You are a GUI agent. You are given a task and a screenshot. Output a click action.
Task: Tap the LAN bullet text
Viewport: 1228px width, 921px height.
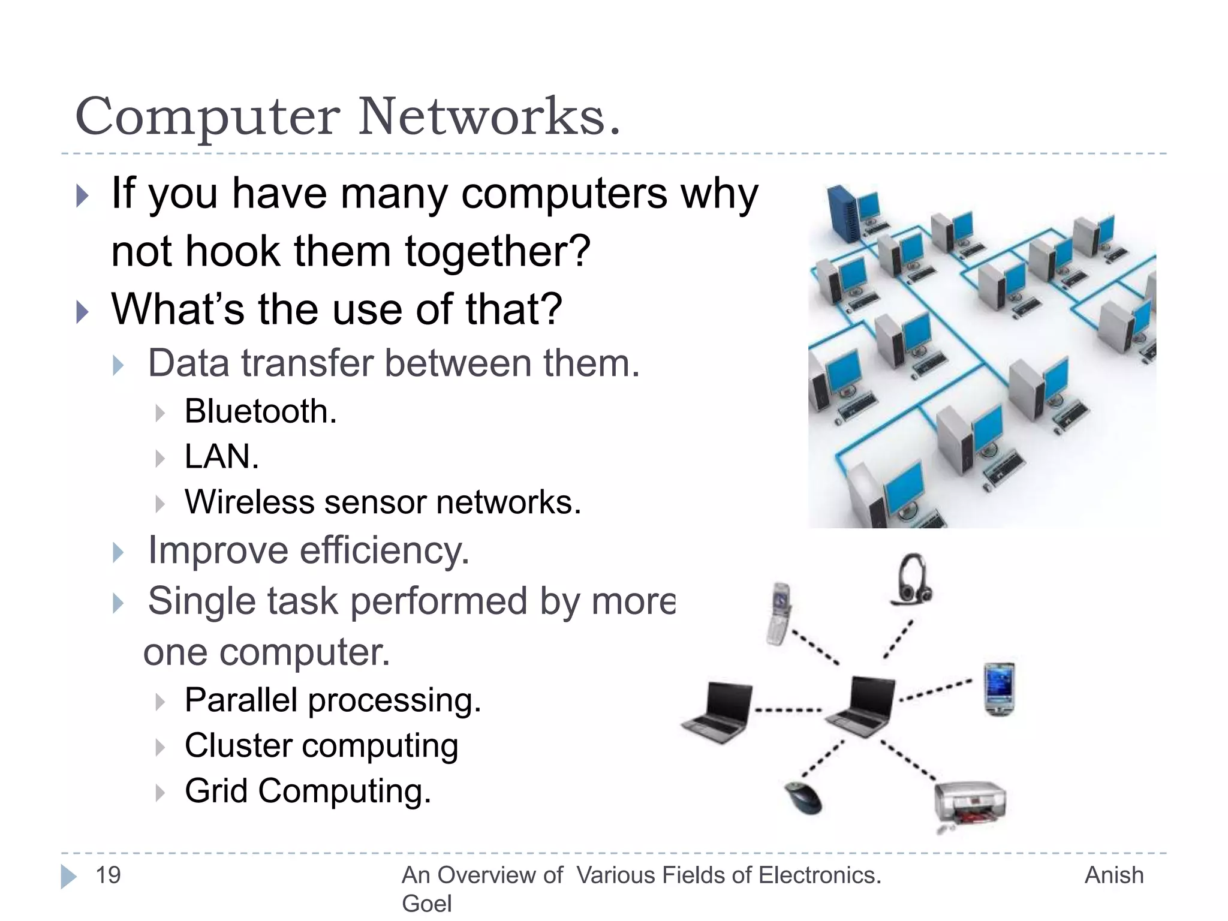pyautogui.click(x=221, y=457)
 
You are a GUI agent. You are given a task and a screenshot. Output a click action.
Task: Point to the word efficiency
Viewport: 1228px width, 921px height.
pyautogui.click(x=384, y=550)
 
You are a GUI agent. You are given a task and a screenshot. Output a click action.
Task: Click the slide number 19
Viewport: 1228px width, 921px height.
pyautogui.click(x=109, y=875)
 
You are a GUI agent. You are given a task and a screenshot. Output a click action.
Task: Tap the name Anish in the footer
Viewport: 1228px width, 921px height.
pyautogui.click(x=1114, y=875)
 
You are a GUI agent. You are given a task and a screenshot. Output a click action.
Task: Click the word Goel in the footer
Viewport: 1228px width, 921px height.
pyautogui.click(x=426, y=903)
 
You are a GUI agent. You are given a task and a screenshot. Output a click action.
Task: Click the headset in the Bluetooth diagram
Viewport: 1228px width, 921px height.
pyautogui.click(x=912, y=579)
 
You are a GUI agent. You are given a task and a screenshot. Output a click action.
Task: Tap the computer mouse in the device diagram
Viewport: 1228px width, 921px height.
pyautogui.click(x=803, y=798)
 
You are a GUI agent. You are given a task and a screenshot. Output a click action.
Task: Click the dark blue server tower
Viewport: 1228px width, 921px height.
pyautogui.click(x=843, y=212)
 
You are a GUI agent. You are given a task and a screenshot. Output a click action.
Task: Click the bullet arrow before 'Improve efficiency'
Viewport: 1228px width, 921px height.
pyautogui.click(x=119, y=552)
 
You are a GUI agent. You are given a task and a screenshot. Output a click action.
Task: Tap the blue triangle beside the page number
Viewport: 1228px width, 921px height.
pyautogui.click(x=68, y=876)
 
